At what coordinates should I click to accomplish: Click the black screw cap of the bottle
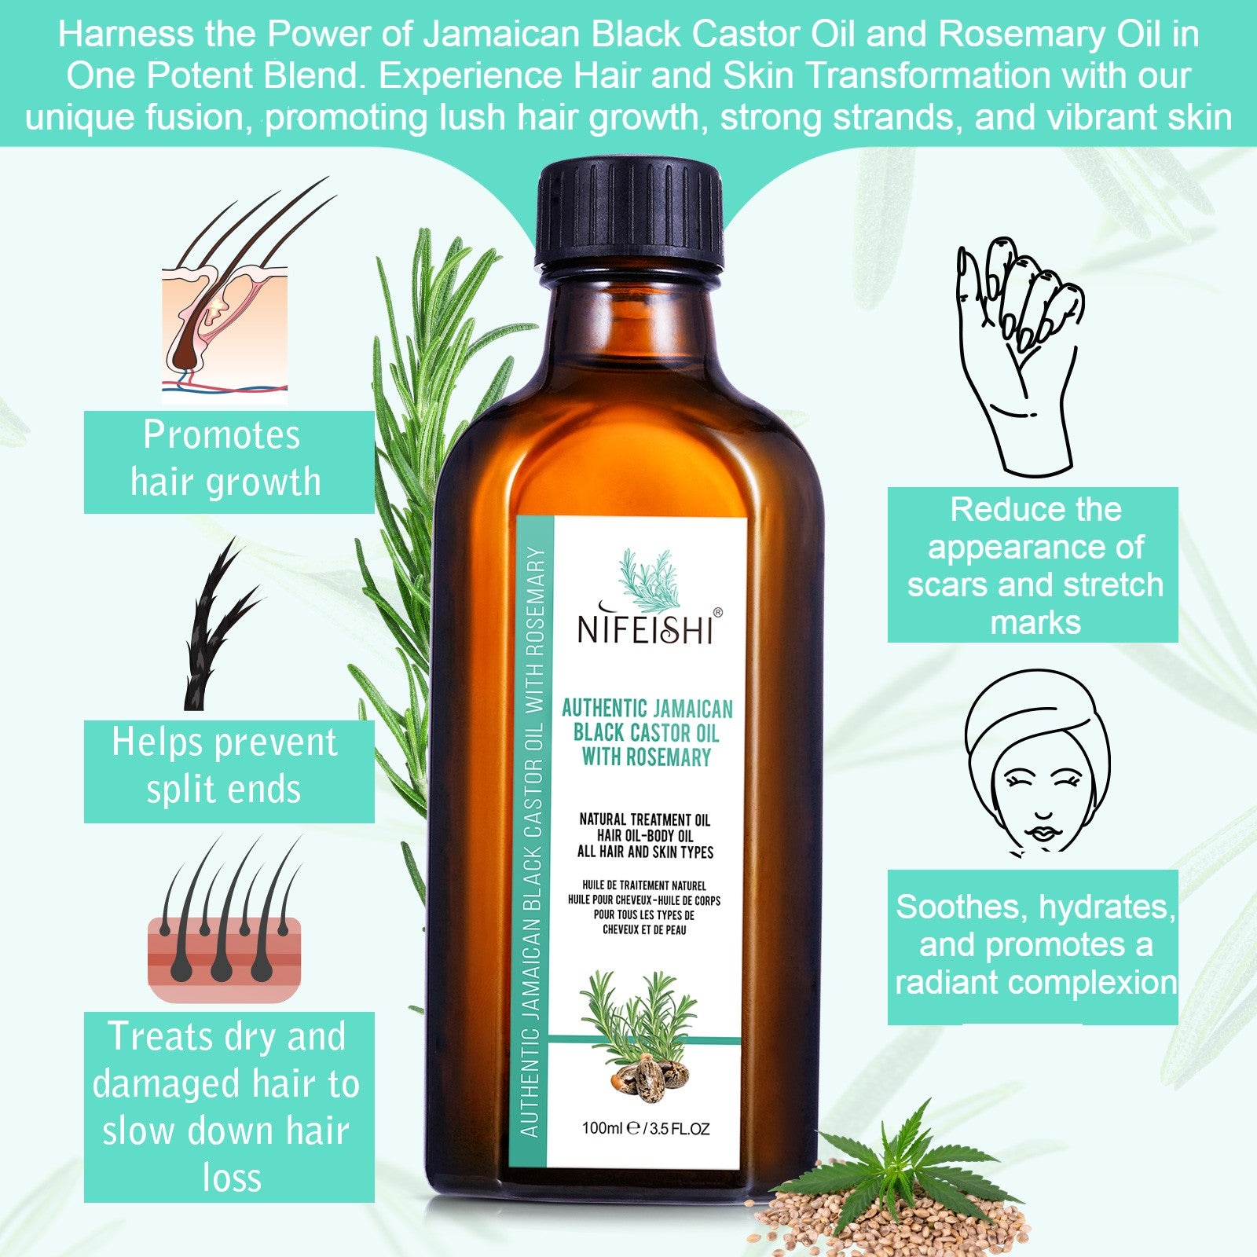(x=628, y=213)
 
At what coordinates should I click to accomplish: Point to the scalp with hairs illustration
(x=225, y=920)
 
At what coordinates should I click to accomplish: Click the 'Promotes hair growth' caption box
(x=229, y=461)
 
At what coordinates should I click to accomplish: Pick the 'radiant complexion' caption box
(x=1032, y=947)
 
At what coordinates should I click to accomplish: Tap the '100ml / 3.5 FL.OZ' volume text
(x=645, y=1128)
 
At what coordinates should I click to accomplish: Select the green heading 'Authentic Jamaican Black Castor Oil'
(x=647, y=721)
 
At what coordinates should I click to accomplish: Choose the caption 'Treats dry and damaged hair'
(x=229, y=1107)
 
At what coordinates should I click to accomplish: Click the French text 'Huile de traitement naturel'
(x=644, y=885)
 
